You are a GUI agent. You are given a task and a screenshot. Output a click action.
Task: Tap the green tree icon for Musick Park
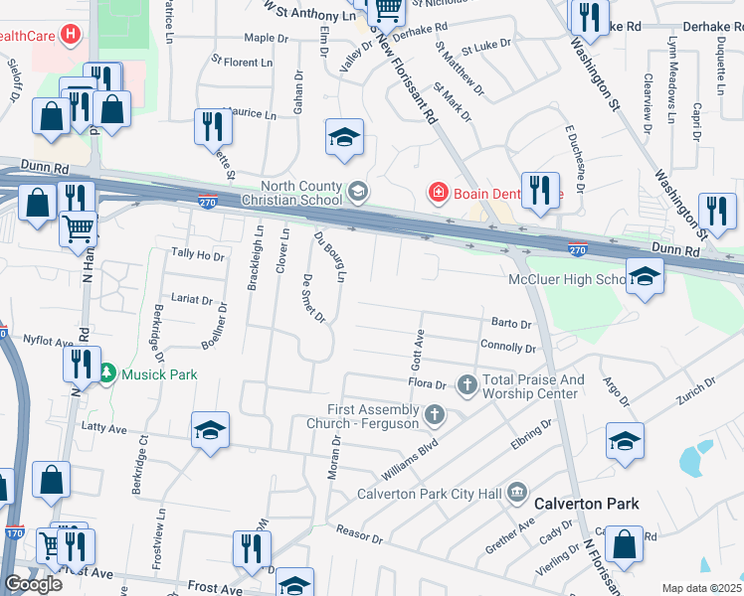(107, 374)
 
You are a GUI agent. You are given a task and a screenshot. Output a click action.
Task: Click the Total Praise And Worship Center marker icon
(466, 383)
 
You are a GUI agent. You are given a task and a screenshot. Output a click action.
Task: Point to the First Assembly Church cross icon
(434, 414)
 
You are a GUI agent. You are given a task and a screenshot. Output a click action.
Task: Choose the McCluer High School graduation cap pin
(644, 278)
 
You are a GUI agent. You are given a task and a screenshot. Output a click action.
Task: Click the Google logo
(33, 584)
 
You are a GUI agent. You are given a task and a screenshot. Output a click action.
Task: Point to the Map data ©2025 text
(702, 588)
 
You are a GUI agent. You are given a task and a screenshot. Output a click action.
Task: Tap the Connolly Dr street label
(508, 348)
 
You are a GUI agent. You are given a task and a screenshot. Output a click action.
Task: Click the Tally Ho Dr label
(198, 255)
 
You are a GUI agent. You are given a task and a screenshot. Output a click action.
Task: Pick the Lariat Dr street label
(192, 299)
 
